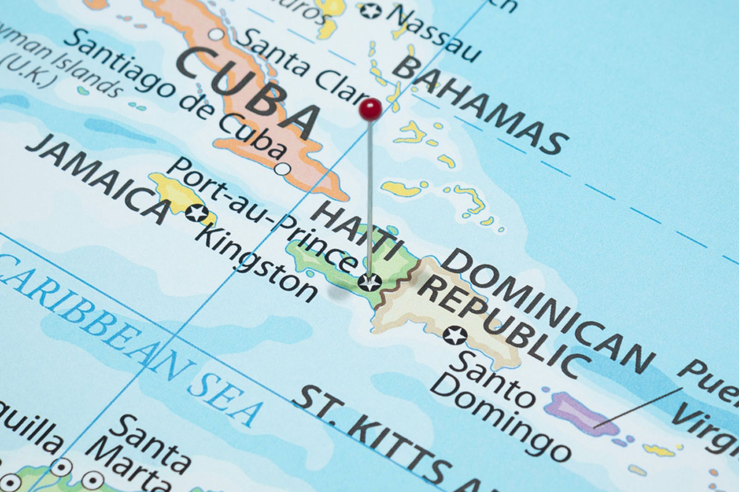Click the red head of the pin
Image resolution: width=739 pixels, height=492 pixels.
(370, 109)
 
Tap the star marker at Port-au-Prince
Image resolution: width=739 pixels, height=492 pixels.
(369, 282)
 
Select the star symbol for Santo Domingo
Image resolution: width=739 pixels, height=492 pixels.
(456, 336)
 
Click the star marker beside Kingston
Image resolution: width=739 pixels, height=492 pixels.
(196, 213)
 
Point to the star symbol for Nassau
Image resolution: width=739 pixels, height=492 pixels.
(370, 10)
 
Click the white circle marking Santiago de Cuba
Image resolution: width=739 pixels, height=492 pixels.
(283, 169)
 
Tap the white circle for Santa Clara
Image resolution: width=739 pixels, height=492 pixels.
(216, 34)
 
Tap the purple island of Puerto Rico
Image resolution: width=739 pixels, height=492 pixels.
(579, 412)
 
